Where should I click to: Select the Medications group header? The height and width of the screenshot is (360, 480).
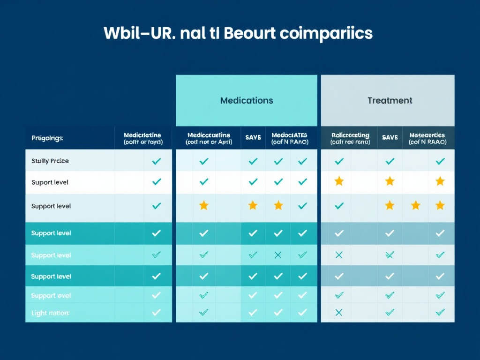[247, 100]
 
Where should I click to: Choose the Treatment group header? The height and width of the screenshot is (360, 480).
[390, 100]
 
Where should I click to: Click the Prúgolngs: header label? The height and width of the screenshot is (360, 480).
[47, 138]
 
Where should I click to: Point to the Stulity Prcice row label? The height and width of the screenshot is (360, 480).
[50, 161]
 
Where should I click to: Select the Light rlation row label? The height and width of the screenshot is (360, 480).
[50, 313]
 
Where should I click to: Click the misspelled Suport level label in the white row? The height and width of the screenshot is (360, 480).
[50, 182]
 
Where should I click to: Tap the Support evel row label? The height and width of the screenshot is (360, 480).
[51, 296]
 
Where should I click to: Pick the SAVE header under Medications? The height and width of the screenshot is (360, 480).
[253, 138]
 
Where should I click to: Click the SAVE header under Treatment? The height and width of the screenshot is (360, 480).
[390, 138]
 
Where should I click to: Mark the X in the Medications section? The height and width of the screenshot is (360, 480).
[278, 255]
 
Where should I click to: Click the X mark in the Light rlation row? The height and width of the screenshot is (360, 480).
[339, 312]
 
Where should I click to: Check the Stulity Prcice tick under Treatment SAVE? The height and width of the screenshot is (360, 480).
[390, 161]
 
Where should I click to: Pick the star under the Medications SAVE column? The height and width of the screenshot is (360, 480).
[253, 205]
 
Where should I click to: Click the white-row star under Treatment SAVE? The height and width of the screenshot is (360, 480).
[390, 181]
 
